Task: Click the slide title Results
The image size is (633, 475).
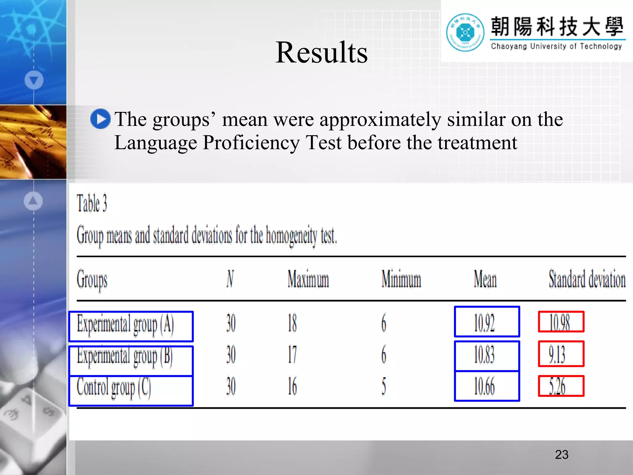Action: point(321,53)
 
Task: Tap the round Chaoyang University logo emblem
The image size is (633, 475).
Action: point(465,32)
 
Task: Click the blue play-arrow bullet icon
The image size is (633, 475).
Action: point(100,119)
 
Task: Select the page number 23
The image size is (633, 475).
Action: point(562,455)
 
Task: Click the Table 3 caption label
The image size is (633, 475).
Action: point(92,203)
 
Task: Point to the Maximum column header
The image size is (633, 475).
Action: point(308,279)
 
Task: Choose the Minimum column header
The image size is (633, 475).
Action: point(401,279)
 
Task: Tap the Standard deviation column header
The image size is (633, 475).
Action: point(587,279)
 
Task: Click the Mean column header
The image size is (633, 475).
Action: point(485,279)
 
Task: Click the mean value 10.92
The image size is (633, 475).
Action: point(484,323)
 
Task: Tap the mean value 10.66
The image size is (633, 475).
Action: point(484,387)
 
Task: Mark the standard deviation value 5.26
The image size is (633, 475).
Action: point(557,387)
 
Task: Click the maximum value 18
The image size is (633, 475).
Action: point(292,323)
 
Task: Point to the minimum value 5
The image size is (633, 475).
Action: point(384,387)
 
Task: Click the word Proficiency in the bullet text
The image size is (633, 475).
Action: point(251,143)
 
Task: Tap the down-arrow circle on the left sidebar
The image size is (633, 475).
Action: point(34,80)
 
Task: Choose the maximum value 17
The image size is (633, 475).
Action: point(292,354)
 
